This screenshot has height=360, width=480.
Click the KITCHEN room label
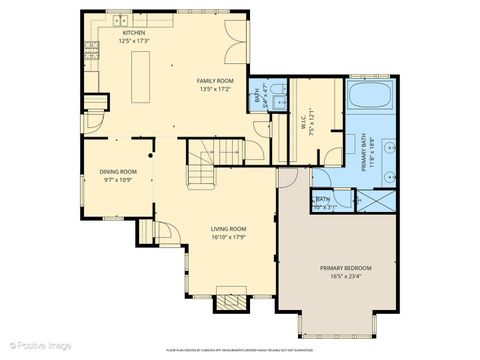coord(134,33)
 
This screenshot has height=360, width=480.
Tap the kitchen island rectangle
coord(140,77)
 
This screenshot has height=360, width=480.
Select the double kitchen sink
coord(122,19)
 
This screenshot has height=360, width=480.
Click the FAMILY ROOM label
coord(214,79)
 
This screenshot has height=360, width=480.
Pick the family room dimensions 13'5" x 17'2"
coord(214,88)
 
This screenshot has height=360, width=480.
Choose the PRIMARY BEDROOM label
coord(346,268)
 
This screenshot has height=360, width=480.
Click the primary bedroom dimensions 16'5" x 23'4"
coord(346,277)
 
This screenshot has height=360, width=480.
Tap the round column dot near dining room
coord(152,155)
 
